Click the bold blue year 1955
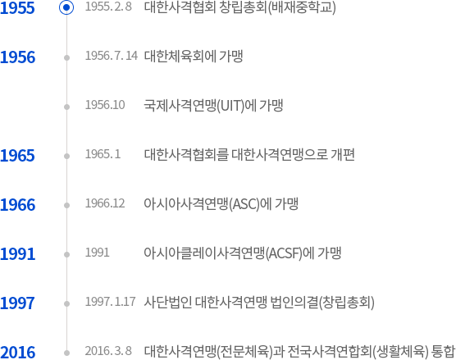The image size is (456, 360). pos(17,8)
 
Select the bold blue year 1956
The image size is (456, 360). pos(18,57)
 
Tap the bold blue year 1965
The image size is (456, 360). pos(17,155)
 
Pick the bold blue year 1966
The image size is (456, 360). pos(18,204)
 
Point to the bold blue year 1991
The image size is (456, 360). pos(18,253)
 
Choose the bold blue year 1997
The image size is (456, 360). pos(17,303)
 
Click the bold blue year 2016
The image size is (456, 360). pos(18,352)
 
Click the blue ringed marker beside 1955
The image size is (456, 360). pos(66,7)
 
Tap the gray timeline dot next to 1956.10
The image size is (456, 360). pos(67,107)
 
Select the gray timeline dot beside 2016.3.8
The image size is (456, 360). pos(67,353)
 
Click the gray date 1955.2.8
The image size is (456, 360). pos(108,7)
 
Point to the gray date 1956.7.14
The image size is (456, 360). pos(112,56)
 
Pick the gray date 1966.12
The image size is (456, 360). pos(105,203)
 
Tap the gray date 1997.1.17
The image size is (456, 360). pos(110,302)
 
